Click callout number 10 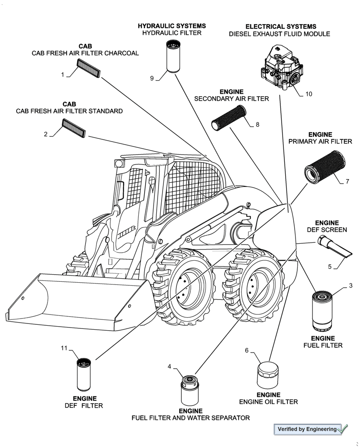click(x=309, y=94)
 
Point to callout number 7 click(x=347, y=182)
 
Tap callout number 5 click(x=330, y=267)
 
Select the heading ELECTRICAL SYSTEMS click(x=281, y=26)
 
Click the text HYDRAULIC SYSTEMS click(x=172, y=26)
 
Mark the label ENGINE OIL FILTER click(x=268, y=402)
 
